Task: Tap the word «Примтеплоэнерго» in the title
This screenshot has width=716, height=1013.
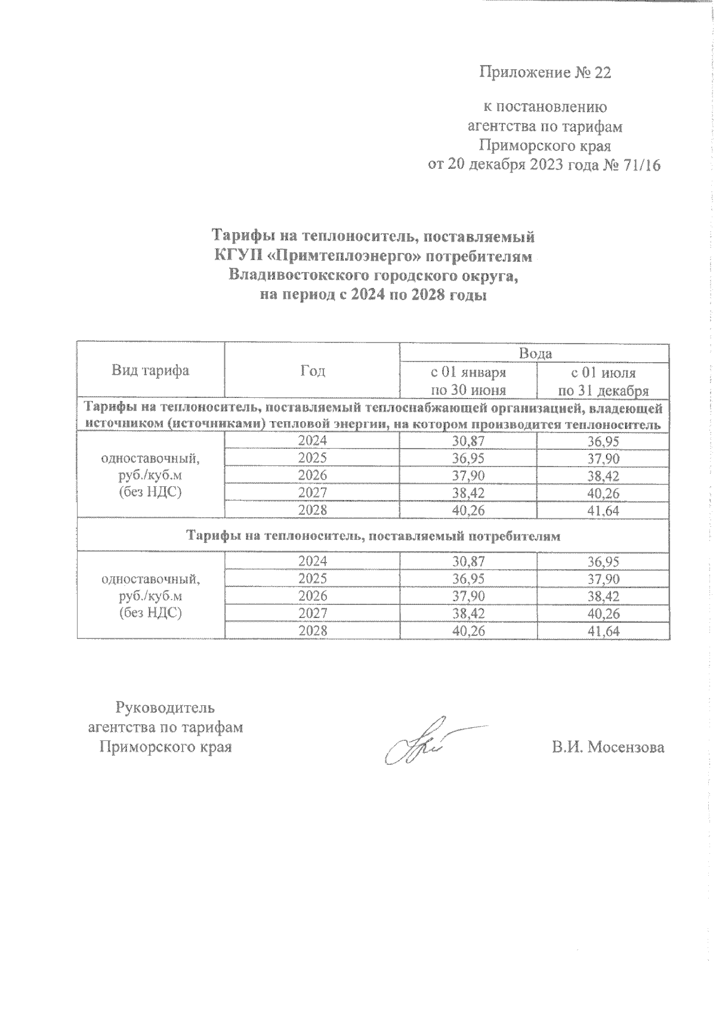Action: click(x=346, y=257)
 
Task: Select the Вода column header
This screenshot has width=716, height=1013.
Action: click(x=535, y=353)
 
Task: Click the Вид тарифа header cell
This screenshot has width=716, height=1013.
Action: click(x=150, y=370)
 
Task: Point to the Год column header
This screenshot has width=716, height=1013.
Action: click(x=312, y=370)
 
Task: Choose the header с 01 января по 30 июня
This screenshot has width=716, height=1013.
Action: click(x=468, y=381)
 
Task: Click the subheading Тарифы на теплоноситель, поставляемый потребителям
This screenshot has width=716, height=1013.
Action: click(x=374, y=536)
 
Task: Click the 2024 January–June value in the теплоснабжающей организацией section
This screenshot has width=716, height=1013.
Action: click(x=468, y=441)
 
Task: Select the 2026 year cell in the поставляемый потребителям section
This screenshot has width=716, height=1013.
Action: click(x=312, y=596)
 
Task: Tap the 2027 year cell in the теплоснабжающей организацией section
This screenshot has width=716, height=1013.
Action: click(x=312, y=493)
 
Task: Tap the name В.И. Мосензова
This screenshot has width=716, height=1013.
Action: click(x=607, y=748)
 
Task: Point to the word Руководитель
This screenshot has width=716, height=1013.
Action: click(x=165, y=708)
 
